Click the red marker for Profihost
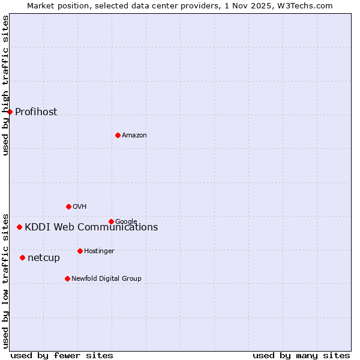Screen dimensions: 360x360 10,112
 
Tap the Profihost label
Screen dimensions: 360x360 36,112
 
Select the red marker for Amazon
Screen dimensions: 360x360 118,135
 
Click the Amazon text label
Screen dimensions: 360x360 134,136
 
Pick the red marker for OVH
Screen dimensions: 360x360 68,206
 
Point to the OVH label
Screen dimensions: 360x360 80,207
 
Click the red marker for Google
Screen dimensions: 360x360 111,221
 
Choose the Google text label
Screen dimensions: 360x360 126,221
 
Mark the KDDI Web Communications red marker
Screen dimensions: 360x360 20,227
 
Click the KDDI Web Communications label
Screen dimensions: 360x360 91,227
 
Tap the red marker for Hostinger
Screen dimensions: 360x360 80,251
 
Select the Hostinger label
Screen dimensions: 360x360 99,251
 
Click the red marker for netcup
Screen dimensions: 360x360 22,257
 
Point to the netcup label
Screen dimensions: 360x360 44,258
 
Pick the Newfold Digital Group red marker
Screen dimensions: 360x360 67,278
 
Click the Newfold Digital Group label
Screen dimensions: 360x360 106,279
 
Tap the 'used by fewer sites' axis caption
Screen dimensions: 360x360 62,355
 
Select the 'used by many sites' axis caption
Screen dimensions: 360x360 301,355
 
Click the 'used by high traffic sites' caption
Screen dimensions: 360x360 5,85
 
